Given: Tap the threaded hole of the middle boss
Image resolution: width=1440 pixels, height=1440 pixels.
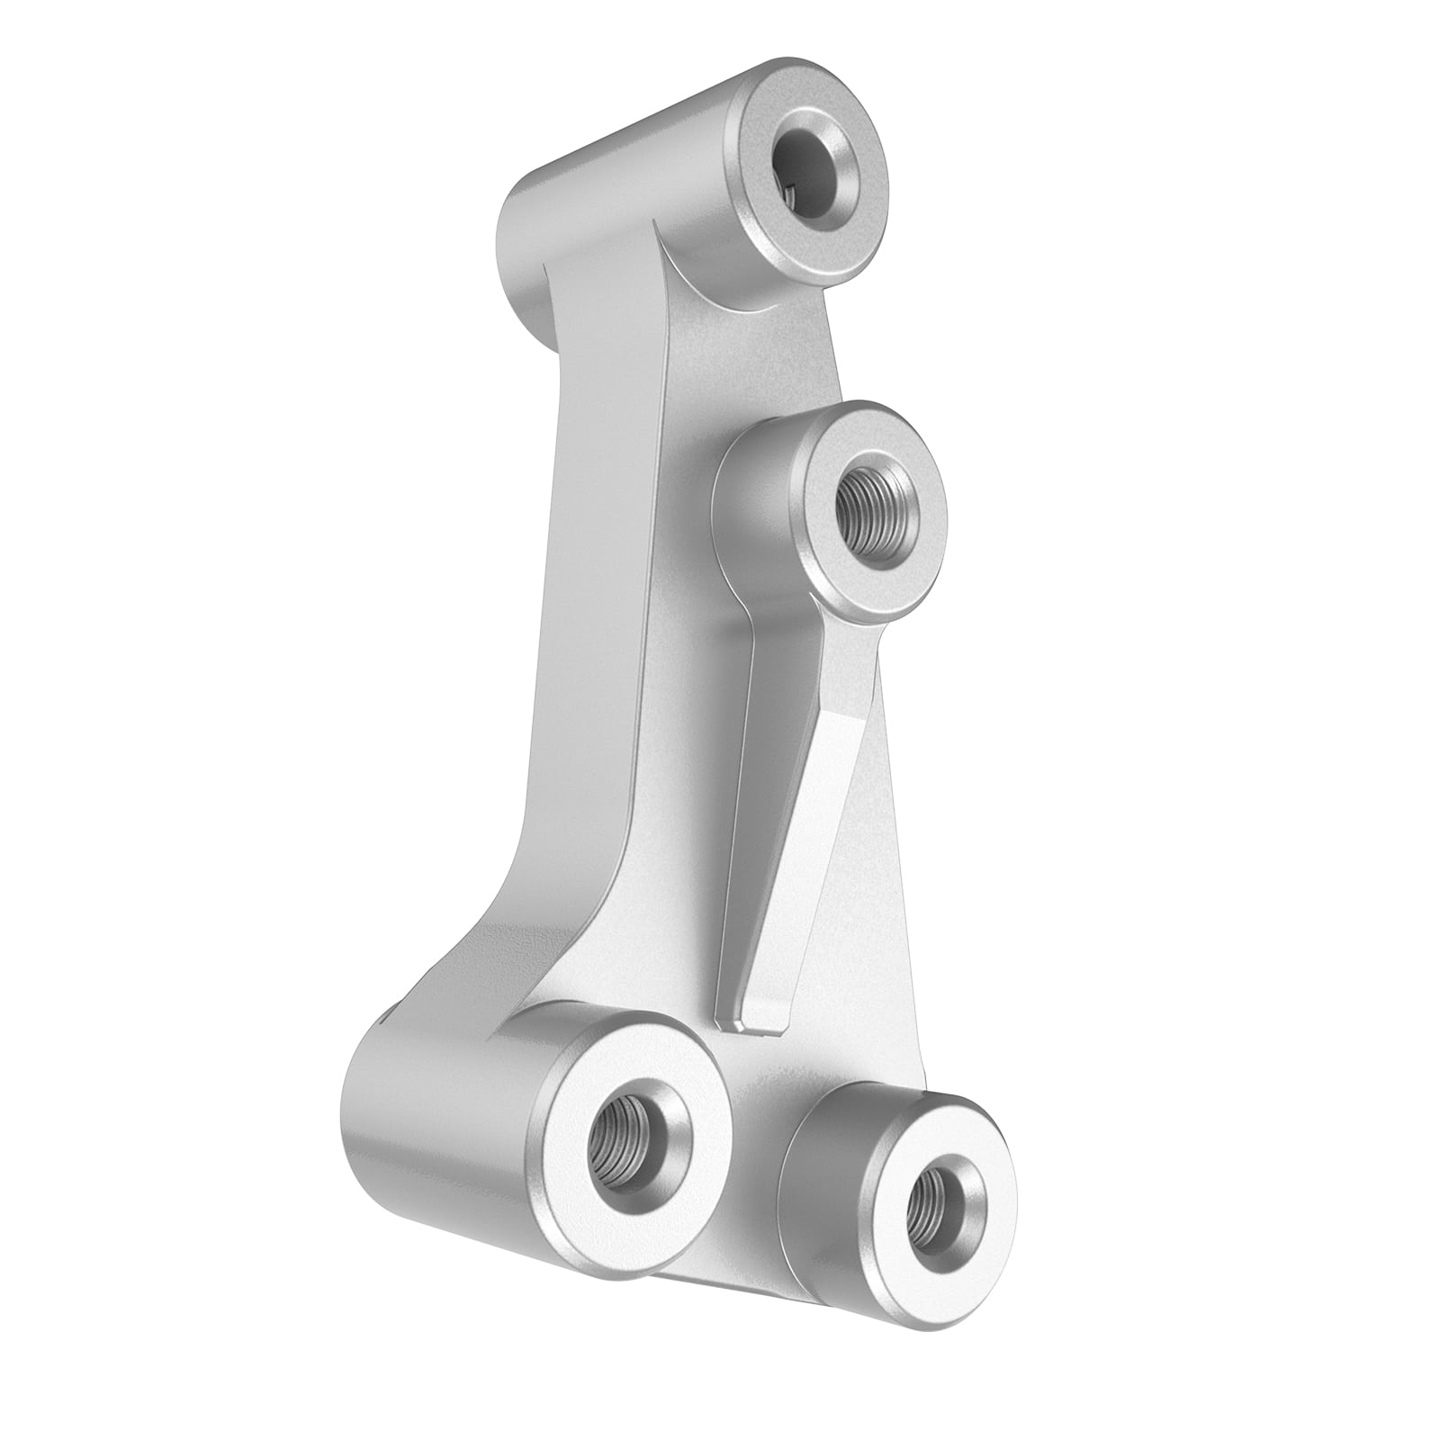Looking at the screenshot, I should point(868,507).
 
